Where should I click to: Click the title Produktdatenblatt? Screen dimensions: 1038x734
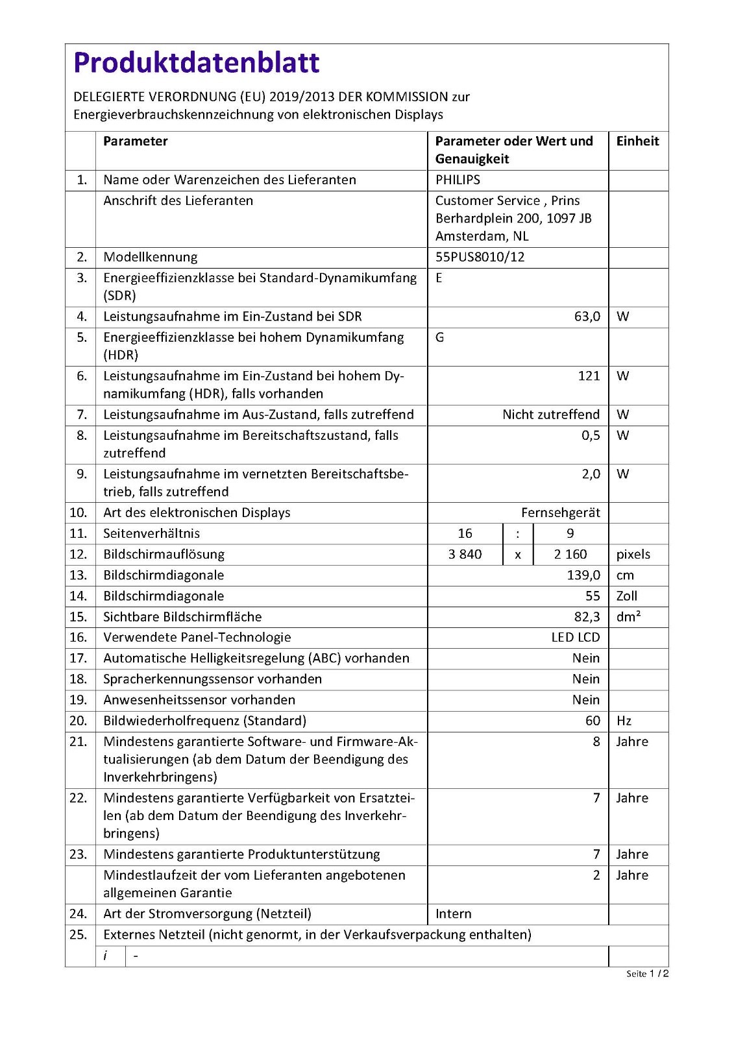197,62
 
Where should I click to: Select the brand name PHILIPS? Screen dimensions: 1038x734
458,180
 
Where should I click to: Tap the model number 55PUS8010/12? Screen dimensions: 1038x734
480,257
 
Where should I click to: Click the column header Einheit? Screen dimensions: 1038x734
637,141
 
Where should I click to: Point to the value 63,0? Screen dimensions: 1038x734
587,317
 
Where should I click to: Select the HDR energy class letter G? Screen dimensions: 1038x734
439,337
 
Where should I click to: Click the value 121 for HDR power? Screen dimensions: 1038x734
589,376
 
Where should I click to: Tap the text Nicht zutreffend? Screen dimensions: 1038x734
550,415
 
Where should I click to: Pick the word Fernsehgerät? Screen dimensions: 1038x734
560,513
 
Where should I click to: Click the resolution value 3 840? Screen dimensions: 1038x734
465,554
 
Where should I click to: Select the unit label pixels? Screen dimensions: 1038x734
633,554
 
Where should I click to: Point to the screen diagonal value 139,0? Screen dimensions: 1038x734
583,575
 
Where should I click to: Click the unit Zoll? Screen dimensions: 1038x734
626,596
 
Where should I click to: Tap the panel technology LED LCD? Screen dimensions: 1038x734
575,637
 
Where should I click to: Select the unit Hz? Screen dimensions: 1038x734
624,721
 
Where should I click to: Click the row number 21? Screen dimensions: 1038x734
78,742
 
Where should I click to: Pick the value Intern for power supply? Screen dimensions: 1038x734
453,913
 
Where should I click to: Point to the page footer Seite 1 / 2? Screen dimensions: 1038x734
647,973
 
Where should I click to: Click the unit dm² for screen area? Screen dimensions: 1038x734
628,616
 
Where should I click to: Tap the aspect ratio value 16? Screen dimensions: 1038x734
465,533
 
